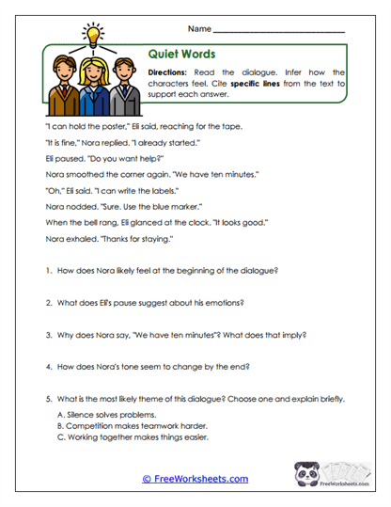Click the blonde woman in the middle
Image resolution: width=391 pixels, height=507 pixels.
(93, 86)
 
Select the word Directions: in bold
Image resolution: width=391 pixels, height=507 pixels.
(173, 71)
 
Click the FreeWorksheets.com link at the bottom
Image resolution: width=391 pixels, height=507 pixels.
(195, 479)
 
